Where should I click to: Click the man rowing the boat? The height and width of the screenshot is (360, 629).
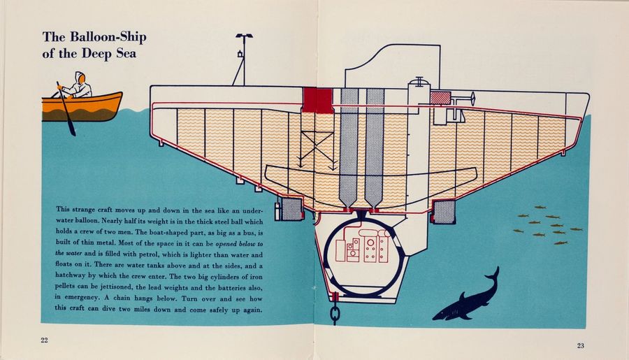click(x=79, y=85)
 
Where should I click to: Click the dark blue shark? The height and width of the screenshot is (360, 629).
click(x=470, y=298)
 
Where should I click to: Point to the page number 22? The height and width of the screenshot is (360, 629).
click(x=45, y=340)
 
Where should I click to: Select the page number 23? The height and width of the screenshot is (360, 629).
click(x=581, y=345)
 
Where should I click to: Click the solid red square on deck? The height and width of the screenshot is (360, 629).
click(x=317, y=99)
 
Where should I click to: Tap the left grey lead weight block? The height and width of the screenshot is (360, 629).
click(x=291, y=208)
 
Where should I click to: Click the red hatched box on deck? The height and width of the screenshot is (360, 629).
click(x=440, y=97)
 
